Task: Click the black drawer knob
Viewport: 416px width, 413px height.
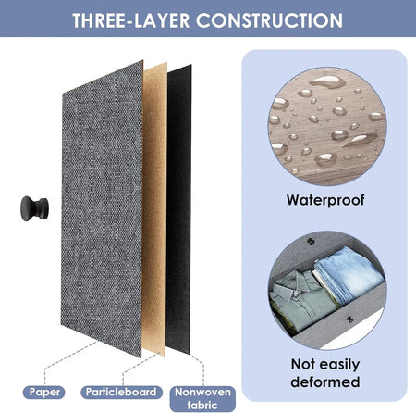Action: point(34,208)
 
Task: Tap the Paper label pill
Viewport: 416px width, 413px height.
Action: point(44,393)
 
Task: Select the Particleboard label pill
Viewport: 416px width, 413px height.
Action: point(121,393)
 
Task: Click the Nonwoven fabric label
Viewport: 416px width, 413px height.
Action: point(202,398)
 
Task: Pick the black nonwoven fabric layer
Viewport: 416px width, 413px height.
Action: point(179,210)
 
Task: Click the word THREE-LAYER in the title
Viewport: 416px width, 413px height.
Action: point(130,20)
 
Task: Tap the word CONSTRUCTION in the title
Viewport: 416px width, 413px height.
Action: point(269,20)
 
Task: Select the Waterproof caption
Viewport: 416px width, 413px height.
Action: point(325,200)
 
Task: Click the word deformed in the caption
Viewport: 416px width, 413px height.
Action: point(325,382)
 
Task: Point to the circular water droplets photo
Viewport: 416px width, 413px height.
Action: point(327,126)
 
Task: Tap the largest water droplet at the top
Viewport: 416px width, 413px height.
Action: point(327,81)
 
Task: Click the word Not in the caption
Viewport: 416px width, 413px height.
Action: point(302,364)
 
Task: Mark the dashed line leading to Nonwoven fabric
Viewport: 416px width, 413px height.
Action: point(197,369)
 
